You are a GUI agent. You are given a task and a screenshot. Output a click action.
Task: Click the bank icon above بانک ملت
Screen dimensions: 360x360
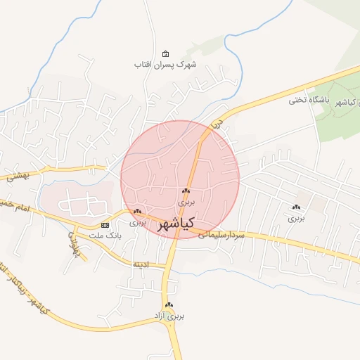tap(105, 225)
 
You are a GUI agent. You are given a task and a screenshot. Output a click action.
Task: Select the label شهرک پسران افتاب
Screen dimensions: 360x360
tap(166, 64)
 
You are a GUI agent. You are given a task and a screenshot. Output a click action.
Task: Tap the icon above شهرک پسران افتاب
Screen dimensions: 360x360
tap(165, 54)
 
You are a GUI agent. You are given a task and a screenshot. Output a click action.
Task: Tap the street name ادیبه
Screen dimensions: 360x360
tap(141, 265)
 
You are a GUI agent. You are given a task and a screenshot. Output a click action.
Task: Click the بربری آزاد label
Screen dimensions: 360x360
tap(169, 316)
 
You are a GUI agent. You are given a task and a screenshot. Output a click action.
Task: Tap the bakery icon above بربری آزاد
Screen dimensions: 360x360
tap(169, 305)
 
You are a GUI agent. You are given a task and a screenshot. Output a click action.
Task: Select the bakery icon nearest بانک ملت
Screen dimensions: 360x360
tap(138, 211)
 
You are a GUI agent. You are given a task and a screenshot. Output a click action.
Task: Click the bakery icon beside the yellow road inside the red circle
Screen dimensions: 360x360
tap(186, 191)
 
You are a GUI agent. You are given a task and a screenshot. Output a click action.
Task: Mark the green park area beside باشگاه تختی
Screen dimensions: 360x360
tap(337, 120)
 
